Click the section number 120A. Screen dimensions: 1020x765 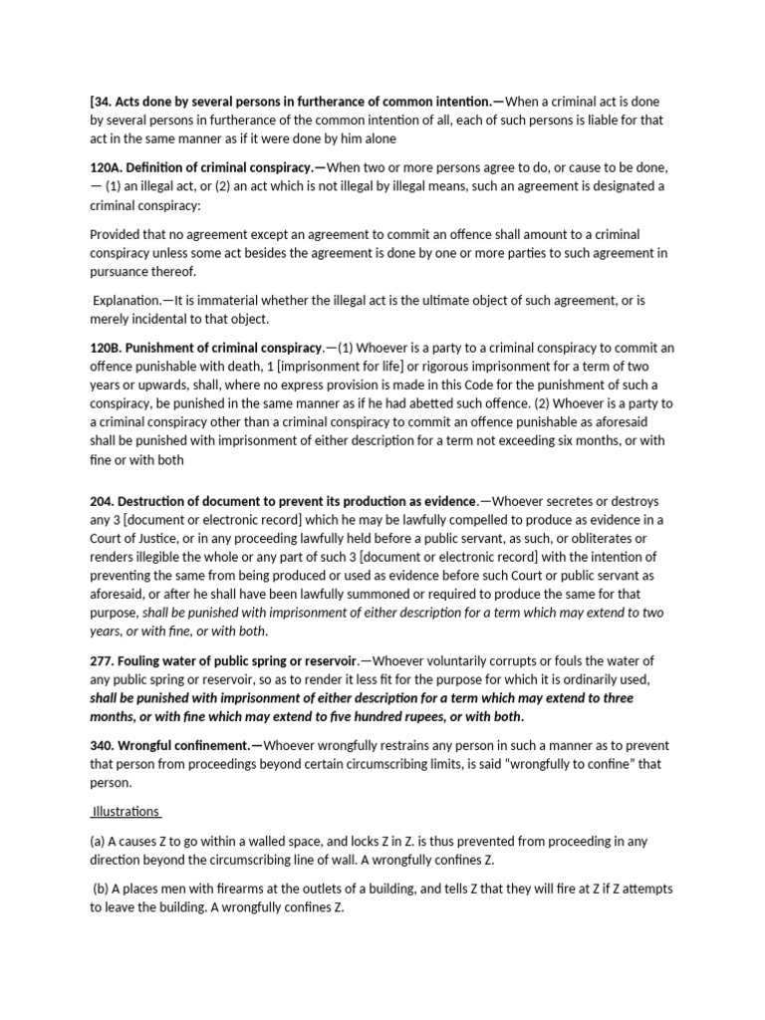[107, 168]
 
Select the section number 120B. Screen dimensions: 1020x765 [107, 348]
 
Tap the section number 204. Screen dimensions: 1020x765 [103, 502]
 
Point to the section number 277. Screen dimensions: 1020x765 [103, 661]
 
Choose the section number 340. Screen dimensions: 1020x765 [103, 745]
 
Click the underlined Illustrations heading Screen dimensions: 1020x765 [126, 810]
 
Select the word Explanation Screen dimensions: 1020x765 [127, 300]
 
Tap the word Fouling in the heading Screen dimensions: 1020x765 [145, 661]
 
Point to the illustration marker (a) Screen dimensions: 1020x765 [98, 842]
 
